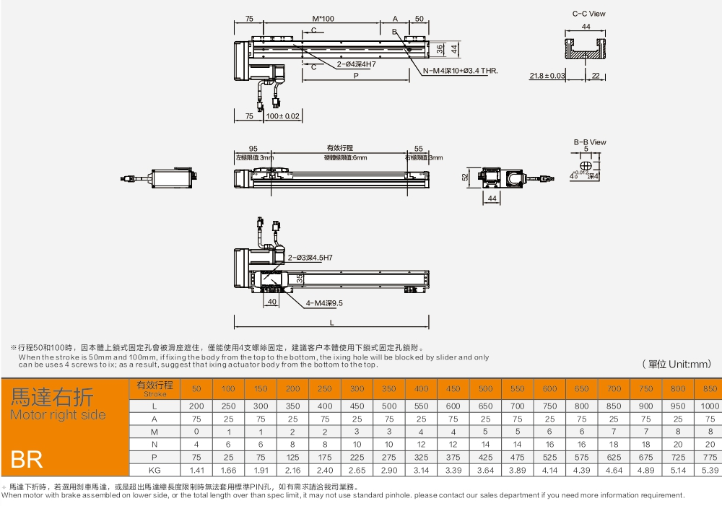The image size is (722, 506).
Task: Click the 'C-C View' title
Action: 588,14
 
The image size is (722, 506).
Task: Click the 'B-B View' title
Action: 589,142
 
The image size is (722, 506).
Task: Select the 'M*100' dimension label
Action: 323,19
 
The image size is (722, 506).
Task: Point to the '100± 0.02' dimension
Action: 282,115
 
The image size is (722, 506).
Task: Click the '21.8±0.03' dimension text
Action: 547,75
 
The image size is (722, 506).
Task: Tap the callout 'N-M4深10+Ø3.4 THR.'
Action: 460,71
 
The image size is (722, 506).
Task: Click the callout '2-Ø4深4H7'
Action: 356,64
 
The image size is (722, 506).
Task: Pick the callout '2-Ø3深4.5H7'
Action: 310,257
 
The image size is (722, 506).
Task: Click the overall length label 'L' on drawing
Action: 331,323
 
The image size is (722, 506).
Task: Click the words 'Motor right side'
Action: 58,415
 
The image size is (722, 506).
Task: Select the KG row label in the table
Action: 154,470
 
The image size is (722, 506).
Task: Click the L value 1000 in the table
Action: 710,406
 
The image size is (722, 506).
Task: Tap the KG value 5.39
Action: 710,470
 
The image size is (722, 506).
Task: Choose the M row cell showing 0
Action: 196,431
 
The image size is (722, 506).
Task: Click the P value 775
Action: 710,458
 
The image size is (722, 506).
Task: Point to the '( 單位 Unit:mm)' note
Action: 677,364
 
